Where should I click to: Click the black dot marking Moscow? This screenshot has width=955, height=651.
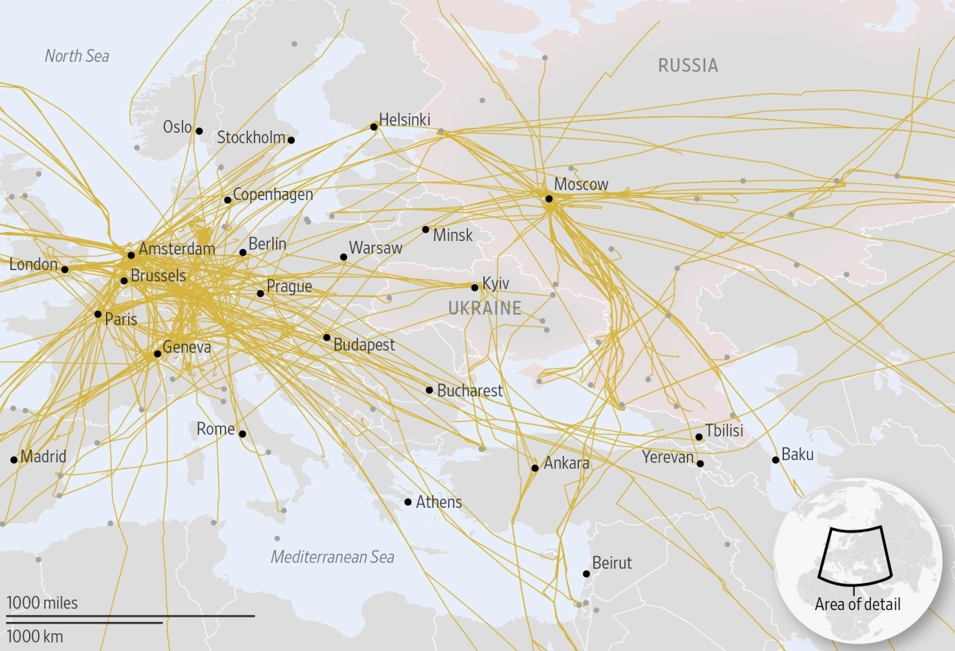point(548,198)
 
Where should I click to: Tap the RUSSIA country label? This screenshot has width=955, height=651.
point(688,66)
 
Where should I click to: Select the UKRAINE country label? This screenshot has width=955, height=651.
point(484,308)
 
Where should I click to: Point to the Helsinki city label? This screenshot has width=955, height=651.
point(404,119)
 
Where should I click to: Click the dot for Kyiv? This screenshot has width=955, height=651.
point(475,287)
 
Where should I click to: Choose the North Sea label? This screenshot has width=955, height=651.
point(77,56)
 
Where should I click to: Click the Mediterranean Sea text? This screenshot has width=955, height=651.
point(332,557)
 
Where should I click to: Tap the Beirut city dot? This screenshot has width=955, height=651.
point(586,574)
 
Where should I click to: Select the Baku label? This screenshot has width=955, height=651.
point(798,455)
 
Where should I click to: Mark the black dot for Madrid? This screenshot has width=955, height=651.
point(14,459)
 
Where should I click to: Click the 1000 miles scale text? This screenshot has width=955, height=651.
point(43,603)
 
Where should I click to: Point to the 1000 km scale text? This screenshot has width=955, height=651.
point(35,637)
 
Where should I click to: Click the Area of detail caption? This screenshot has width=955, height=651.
point(857,604)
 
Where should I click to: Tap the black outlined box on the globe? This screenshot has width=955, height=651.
point(856,555)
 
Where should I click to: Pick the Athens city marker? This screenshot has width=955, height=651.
point(407,502)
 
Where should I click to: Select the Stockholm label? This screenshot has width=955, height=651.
point(251,137)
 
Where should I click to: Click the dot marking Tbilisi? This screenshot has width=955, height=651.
point(699,437)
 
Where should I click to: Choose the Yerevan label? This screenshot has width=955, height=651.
point(668,457)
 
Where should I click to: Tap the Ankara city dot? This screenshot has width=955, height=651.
point(535,468)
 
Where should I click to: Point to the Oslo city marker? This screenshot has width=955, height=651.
point(199,130)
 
